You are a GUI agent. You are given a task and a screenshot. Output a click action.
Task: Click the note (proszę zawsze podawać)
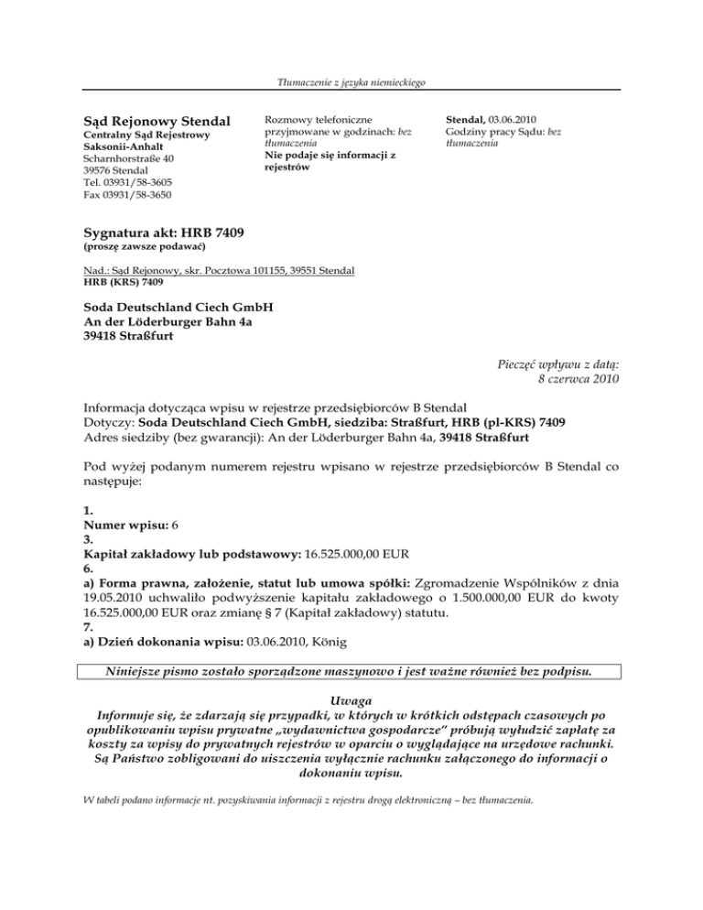pyautogui.click(x=144, y=249)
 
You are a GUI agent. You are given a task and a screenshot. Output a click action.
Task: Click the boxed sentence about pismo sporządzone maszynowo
pyautogui.click(x=350, y=670)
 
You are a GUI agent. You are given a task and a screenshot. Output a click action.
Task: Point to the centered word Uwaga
pyautogui.click(x=351, y=700)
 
